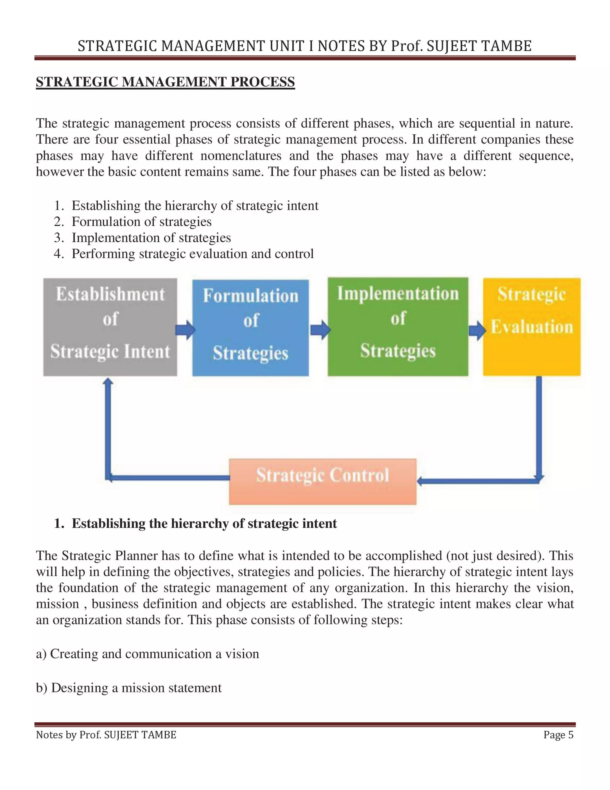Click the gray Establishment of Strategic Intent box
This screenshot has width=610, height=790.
(110, 327)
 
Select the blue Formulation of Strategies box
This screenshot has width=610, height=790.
(250, 327)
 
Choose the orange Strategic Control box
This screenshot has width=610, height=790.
(322, 481)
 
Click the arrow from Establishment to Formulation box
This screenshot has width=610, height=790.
(185, 330)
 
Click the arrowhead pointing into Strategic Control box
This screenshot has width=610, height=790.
(421, 481)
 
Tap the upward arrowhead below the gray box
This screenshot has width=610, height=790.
(108, 382)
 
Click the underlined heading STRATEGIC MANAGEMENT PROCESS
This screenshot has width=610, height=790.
(165, 82)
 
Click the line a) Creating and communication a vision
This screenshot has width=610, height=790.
(147, 654)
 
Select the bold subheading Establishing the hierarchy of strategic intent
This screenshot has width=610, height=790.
(204, 523)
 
